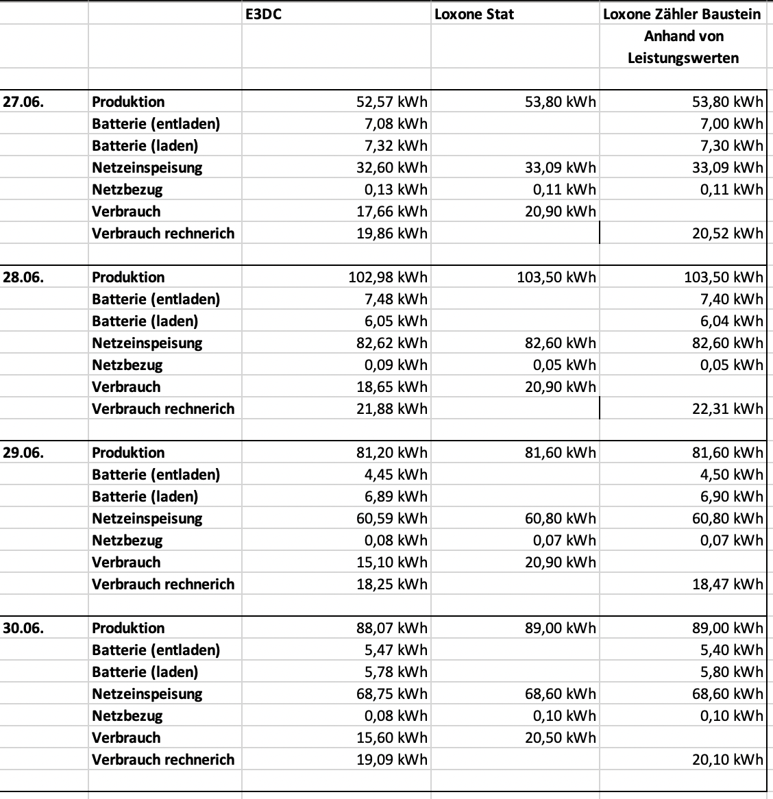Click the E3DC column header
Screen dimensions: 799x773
[x=263, y=14]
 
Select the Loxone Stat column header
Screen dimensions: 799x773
[x=474, y=14]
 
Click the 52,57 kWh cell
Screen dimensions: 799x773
[x=392, y=102]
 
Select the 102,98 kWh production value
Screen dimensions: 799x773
[x=388, y=278]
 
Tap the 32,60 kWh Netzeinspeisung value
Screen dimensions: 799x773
[x=392, y=168]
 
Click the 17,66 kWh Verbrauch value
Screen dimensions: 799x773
[x=392, y=212]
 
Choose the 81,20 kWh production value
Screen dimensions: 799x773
[x=392, y=453]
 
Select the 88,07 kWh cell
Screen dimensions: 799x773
[x=392, y=628]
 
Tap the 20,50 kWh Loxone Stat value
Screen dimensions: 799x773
[x=561, y=738]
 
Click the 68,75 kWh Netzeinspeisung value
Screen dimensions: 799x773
[x=392, y=694]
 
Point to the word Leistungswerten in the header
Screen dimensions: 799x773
[x=683, y=58]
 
